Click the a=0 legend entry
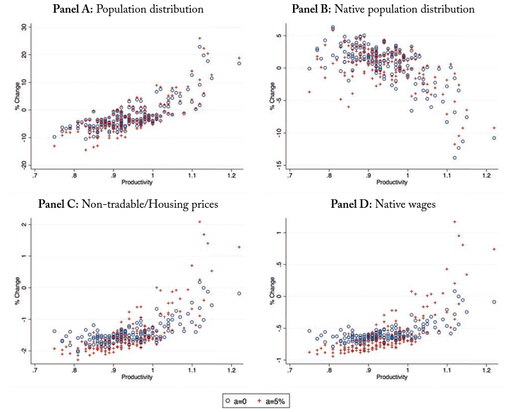click(238, 400)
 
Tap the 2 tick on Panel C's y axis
click(25, 225)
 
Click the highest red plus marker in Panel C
click(200, 222)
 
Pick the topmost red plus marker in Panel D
click(454, 222)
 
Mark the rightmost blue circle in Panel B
click(494, 138)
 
